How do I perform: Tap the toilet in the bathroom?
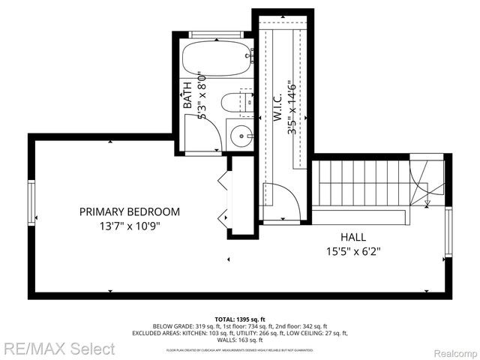(x=230, y=103)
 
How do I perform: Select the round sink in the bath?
(x=240, y=136)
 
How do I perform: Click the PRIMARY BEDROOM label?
(x=130, y=211)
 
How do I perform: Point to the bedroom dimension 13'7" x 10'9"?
(x=130, y=225)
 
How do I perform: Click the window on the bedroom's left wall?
(x=31, y=204)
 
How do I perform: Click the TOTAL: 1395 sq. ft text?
(x=240, y=319)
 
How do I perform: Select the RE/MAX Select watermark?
(x=58, y=349)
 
